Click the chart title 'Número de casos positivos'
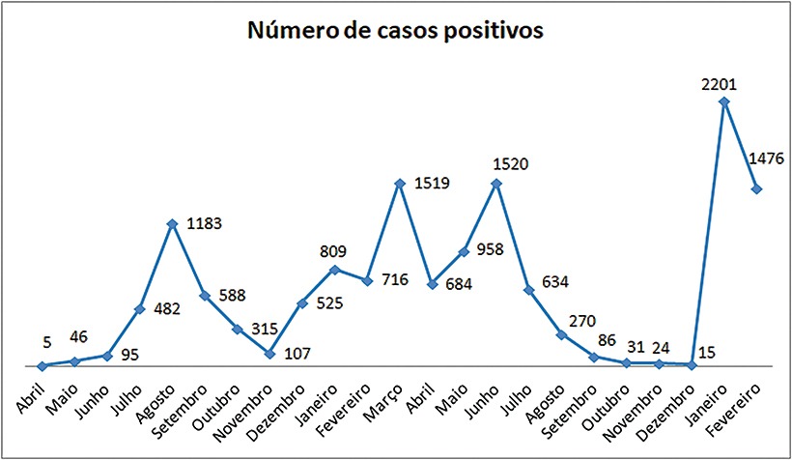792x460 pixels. point(395,30)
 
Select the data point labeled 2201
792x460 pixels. point(723,101)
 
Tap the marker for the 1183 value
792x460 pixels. point(172,224)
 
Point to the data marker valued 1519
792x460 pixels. point(400,184)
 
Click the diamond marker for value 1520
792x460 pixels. point(496,184)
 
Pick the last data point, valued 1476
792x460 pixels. point(756,188)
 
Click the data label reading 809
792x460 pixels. point(333,251)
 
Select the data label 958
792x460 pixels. point(491,249)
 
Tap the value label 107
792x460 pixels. point(297,354)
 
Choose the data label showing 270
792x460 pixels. point(582,321)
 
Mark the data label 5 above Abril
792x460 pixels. point(47,342)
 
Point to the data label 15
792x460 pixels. point(706,353)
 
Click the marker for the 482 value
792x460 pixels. point(140,309)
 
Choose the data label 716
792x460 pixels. point(395,279)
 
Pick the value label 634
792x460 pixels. point(555,281)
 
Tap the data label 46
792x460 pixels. point(78,336)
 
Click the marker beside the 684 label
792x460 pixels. point(432,284)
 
